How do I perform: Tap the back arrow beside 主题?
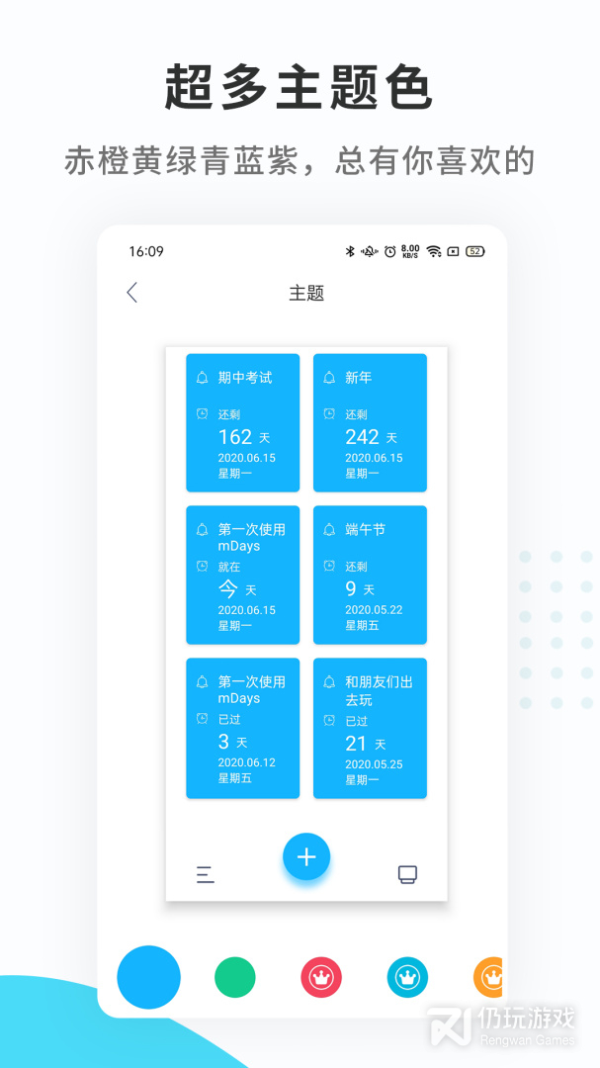[132, 293]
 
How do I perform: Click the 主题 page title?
[306, 294]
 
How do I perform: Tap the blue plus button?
[306, 856]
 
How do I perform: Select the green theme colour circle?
[235, 977]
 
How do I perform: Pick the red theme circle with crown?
[321, 977]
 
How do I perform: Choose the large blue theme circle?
[148, 977]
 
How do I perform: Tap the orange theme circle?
[488, 977]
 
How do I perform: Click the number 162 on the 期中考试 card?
[235, 437]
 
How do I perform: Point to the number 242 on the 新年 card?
[363, 437]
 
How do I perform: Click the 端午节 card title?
[365, 530]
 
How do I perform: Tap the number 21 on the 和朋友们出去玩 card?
[356, 744]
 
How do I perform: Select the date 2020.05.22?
[374, 609]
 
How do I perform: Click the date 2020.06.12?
[246, 762]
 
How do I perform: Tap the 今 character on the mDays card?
[227, 588]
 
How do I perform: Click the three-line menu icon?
[205, 874]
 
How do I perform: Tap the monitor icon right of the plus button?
[407, 874]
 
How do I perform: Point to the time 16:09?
[146, 251]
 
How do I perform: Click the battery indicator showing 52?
[475, 251]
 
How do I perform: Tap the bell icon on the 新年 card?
[329, 378]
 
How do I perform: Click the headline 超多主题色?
[299, 86]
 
